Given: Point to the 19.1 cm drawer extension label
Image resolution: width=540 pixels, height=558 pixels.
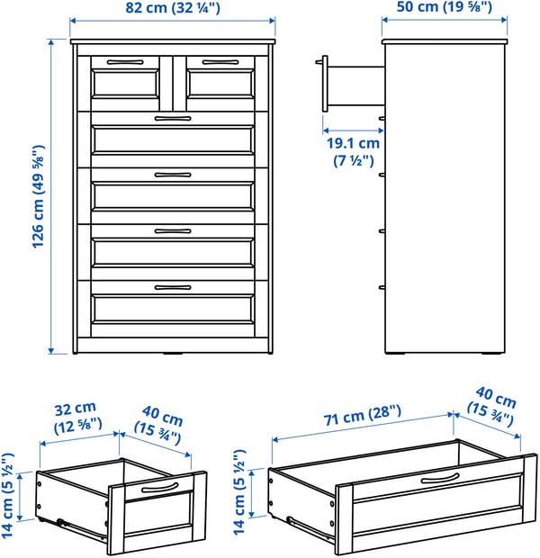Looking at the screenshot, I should [352, 151].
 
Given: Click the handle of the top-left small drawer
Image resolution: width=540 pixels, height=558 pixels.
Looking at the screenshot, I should [124, 62].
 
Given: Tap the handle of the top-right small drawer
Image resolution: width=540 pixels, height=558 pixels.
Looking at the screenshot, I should [219, 62].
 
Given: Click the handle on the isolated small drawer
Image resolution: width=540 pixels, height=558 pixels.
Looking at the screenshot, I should [158, 486].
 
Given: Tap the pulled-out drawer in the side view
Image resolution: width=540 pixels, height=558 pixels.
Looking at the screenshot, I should [351, 84].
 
